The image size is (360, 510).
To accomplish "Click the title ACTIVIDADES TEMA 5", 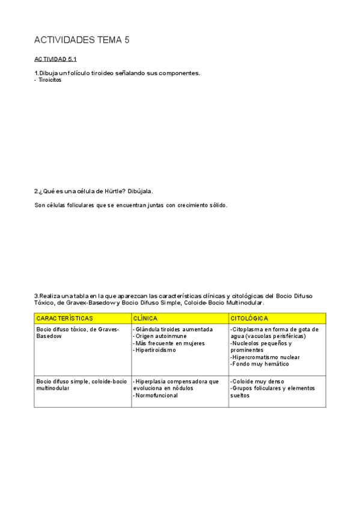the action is pos(82,40).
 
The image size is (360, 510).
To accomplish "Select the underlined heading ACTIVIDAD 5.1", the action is pos(55,60).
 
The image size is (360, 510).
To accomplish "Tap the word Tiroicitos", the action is pos(50,80).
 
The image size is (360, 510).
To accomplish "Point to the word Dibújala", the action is pos(141,191).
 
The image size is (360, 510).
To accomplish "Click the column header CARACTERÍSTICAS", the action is pos(64,318).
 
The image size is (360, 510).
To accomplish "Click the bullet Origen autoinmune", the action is pos(160,336).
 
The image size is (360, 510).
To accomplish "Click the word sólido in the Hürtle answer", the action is pos(217,205).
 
